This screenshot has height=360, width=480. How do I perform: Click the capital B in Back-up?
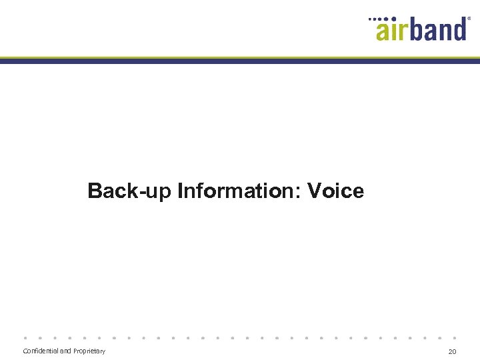(x=95, y=192)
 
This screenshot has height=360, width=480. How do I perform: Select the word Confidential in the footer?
(x=41, y=351)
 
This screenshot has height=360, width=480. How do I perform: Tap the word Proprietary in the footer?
(x=89, y=351)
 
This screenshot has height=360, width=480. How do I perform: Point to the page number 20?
(x=452, y=351)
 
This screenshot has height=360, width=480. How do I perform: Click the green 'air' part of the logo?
(x=393, y=29)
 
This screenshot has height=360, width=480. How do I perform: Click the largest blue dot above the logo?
(x=394, y=19)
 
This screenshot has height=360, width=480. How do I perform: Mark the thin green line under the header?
(x=240, y=57)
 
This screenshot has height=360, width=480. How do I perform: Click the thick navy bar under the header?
(x=240, y=61)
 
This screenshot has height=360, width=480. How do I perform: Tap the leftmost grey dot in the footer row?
(x=25, y=337)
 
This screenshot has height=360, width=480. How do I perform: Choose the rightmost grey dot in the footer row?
(x=455, y=337)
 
